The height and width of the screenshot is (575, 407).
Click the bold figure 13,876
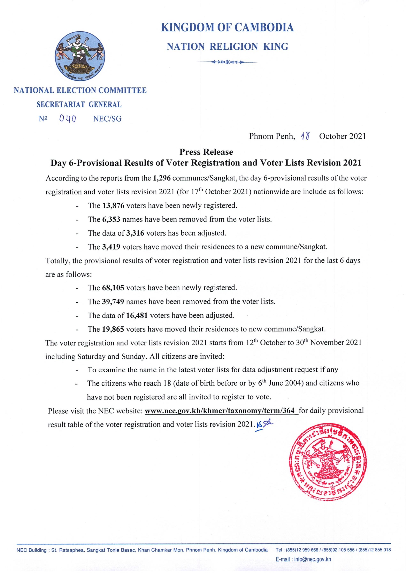coord(113,206)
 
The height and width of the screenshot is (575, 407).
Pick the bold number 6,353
coord(111,219)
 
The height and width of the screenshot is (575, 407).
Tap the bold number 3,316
coord(135,233)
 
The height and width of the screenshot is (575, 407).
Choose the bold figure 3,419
coord(111,247)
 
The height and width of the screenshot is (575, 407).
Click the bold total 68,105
coord(113,288)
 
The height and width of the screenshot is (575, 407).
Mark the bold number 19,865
coord(113,329)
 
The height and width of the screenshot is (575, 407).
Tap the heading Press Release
coord(206,152)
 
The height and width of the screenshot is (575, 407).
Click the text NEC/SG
coord(107,119)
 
